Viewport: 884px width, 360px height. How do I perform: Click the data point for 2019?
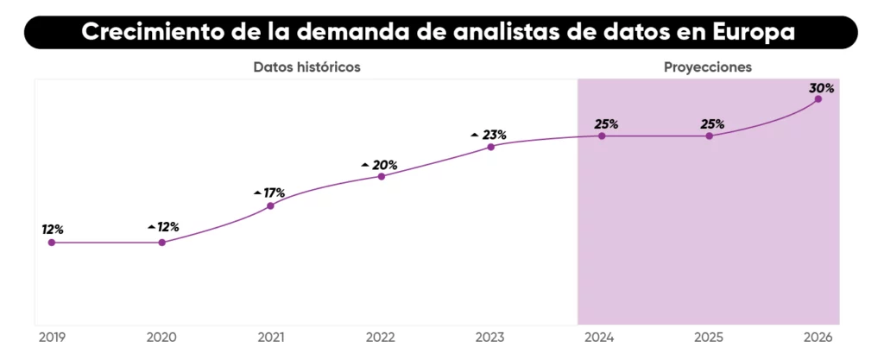52,243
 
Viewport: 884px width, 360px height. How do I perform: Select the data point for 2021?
271,205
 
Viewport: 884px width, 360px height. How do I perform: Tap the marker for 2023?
490,147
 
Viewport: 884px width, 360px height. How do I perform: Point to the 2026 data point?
818,99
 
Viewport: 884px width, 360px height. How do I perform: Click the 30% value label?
821,88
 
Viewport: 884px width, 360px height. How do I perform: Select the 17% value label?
274,193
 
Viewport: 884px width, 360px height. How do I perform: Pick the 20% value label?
385,165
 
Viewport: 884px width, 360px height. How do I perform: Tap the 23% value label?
494,135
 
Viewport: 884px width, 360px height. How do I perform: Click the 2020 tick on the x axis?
161,337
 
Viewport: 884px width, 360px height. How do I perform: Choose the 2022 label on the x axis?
381,337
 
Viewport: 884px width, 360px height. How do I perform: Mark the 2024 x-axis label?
600,337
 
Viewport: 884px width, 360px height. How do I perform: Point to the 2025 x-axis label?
710,337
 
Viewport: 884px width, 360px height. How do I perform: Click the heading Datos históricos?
306,66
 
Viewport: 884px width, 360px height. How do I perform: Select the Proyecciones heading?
708,66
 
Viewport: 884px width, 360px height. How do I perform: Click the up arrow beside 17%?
257,193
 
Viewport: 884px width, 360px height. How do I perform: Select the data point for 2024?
602,136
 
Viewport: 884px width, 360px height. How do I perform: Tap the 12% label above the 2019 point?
53,230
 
